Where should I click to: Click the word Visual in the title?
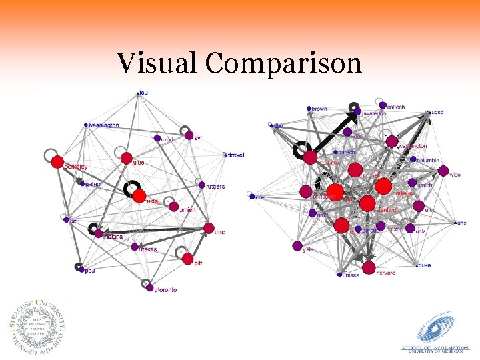pos(157,64)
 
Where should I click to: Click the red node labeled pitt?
pos(187,259)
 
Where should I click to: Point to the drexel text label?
pos(235,155)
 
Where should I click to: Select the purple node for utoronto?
pos(149,286)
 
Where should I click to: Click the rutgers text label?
pos(215,186)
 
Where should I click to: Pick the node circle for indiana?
pos(99,233)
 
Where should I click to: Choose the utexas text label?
pos(147,249)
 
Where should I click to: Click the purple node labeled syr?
pos(189,136)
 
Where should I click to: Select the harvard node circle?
pos(368,265)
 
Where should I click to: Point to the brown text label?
pos(319,109)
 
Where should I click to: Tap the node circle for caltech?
pos(382,105)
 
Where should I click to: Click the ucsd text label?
pos(437,113)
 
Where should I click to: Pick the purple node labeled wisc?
pos(443,171)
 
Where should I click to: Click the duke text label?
pos(424,265)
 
